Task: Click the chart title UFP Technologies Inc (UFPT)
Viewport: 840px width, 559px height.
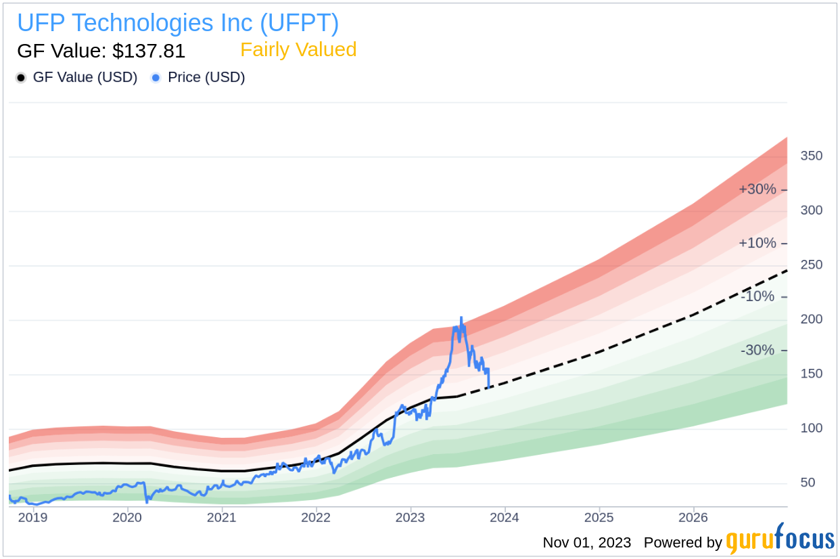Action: [178, 23]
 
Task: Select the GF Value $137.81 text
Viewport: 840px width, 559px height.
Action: [101, 51]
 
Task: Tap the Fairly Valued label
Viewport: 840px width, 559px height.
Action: [298, 50]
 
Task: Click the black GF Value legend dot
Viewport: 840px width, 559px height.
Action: [21, 78]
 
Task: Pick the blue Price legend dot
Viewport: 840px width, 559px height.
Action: [156, 78]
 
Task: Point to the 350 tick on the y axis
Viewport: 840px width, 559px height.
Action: [811, 156]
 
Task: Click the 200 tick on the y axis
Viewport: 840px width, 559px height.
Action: [811, 319]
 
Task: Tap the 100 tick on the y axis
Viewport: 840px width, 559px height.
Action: [811, 428]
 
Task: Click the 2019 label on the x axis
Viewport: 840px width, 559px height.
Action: [32, 518]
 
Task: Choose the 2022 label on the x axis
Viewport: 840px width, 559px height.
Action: [315, 518]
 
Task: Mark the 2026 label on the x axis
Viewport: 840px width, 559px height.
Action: [693, 518]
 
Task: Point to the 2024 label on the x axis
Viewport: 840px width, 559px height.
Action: [504, 518]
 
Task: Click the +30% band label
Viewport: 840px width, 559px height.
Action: [757, 189]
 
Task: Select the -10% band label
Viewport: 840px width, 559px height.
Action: [757, 296]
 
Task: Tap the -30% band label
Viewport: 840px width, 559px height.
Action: [757, 351]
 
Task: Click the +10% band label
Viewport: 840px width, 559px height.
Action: [757, 243]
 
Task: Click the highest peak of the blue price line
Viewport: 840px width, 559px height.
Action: [461, 317]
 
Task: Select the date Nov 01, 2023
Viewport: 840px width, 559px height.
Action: [587, 543]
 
